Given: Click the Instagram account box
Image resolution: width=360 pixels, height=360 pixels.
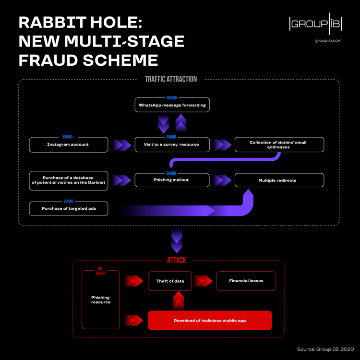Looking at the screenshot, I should pyautogui.click(x=68, y=145).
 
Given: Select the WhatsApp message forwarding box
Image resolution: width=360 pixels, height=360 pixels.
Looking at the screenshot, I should pyautogui.click(x=172, y=105).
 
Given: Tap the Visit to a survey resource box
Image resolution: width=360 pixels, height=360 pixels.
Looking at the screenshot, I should pyautogui.click(x=172, y=145).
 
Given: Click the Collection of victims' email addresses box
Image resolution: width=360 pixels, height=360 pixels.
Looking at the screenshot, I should pyautogui.click(x=279, y=145).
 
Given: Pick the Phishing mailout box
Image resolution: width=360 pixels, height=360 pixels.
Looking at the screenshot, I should pyautogui.click(x=172, y=180).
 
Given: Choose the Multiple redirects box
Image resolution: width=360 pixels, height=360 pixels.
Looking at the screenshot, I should pyautogui.click(x=279, y=180).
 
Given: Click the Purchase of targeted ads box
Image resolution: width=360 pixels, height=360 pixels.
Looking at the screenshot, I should pyautogui.click(x=68, y=209).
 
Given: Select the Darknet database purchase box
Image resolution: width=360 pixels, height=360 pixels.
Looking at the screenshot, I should pyautogui.click(x=68, y=180).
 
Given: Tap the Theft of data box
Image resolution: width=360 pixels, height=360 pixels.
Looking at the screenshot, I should pyautogui.click(x=170, y=281).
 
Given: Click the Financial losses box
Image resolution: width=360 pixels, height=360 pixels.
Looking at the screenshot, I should pyautogui.click(x=246, y=281).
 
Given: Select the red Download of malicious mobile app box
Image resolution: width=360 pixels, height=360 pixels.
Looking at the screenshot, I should pyautogui.click(x=210, y=320).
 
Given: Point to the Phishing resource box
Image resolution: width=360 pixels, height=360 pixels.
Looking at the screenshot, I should pyautogui.click(x=101, y=300).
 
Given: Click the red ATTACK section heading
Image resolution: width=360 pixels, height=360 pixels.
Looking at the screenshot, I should pyautogui.click(x=176, y=260).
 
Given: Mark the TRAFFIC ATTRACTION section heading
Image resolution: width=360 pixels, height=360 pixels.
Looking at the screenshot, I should pyautogui.click(x=171, y=79).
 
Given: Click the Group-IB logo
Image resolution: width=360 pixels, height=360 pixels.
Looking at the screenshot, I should pyautogui.click(x=315, y=25).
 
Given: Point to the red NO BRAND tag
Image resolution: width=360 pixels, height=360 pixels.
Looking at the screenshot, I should pyautogui.click(x=100, y=271).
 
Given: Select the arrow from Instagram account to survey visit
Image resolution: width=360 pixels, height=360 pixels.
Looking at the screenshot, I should pyautogui.click(x=121, y=145).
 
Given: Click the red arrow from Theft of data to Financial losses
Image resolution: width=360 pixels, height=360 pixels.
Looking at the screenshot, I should pyautogui.click(x=204, y=281).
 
